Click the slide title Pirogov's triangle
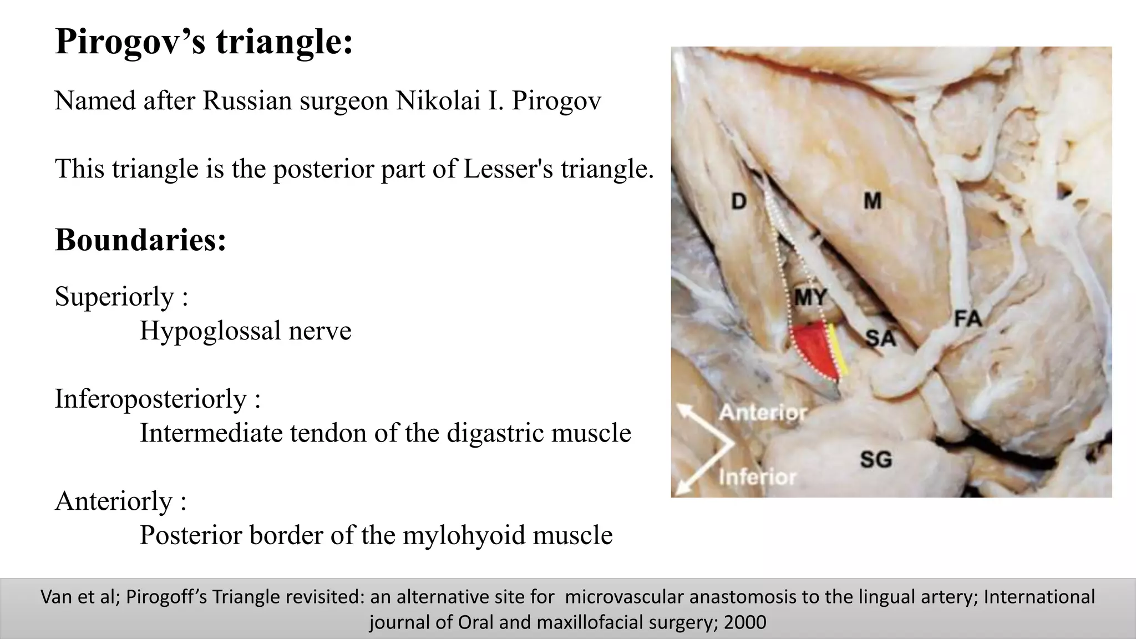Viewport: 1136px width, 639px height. (204, 42)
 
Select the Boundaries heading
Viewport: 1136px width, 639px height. (140, 240)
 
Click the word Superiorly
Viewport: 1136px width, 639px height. (114, 297)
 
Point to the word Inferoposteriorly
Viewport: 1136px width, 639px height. (150, 399)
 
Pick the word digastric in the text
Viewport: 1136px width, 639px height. (488, 433)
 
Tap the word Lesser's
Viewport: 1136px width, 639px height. (508, 169)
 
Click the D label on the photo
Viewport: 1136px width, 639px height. (738, 201)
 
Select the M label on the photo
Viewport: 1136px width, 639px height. (873, 201)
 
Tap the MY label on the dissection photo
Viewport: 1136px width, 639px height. (810, 298)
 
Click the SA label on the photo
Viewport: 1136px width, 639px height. (880, 338)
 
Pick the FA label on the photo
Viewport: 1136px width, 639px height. (967, 319)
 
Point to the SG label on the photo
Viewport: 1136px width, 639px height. (876, 459)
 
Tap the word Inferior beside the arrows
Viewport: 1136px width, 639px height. (757, 477)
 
